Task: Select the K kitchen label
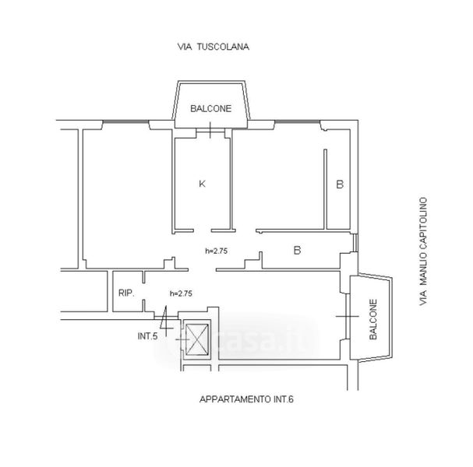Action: coord(201,184)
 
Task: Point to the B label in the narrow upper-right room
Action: coord(339,184)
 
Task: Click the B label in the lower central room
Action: coord(297,251)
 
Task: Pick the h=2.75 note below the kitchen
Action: coord(215,251)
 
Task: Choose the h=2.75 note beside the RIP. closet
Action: coord(181,293)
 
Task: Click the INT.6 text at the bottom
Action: coord(286,400)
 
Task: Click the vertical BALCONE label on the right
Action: coord(373,319)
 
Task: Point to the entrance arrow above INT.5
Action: coord(165,318)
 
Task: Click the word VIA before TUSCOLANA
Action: coord(185,47)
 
